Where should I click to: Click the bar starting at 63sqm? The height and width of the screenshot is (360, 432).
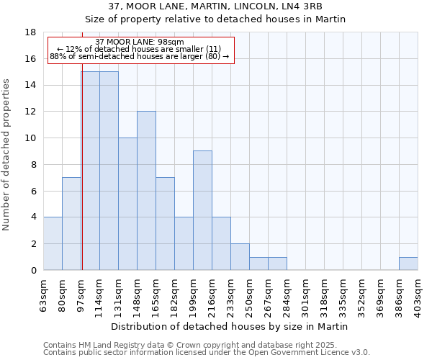tap(53, 243)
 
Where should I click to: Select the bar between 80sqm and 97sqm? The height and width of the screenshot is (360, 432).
tap(71, 223)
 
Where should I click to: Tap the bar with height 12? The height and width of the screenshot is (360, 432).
tap(146, 190)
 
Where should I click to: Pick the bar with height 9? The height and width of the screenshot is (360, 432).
tap(202, 210)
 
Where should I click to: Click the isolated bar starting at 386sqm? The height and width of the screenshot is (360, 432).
tap(408, 264)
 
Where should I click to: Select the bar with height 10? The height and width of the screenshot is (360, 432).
tap(127, 204)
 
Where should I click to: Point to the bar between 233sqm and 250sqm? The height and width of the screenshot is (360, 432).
tap(240, 256)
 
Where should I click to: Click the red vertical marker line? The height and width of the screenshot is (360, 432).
tap(82, 180)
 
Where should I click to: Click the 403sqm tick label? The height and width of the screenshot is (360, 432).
tap(418, 293)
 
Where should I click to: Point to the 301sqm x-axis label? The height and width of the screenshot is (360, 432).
tap(305, 293)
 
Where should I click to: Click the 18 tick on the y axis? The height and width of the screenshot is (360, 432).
tap(30, 32)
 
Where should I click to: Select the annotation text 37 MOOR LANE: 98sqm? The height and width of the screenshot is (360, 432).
tap(140, 42)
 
